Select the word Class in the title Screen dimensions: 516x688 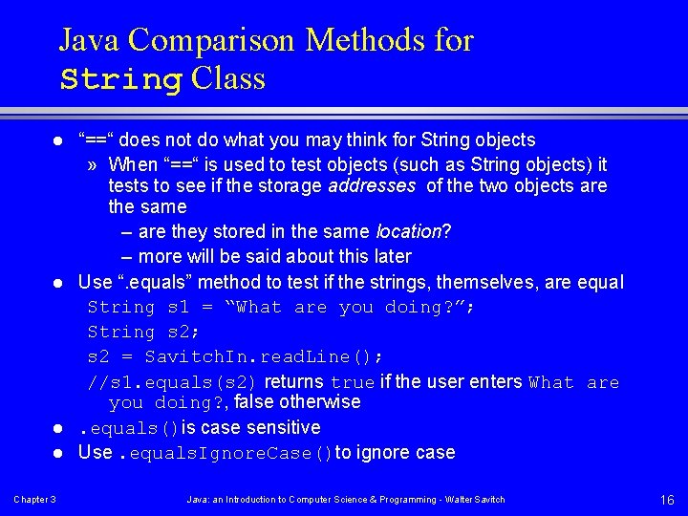227,79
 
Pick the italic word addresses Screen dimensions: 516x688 371,185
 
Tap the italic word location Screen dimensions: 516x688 409,231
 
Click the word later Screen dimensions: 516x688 389,256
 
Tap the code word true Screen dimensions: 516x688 353,382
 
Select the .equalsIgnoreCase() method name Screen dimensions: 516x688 226,453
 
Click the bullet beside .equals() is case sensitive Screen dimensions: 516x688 57,427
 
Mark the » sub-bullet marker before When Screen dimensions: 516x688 92,164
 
